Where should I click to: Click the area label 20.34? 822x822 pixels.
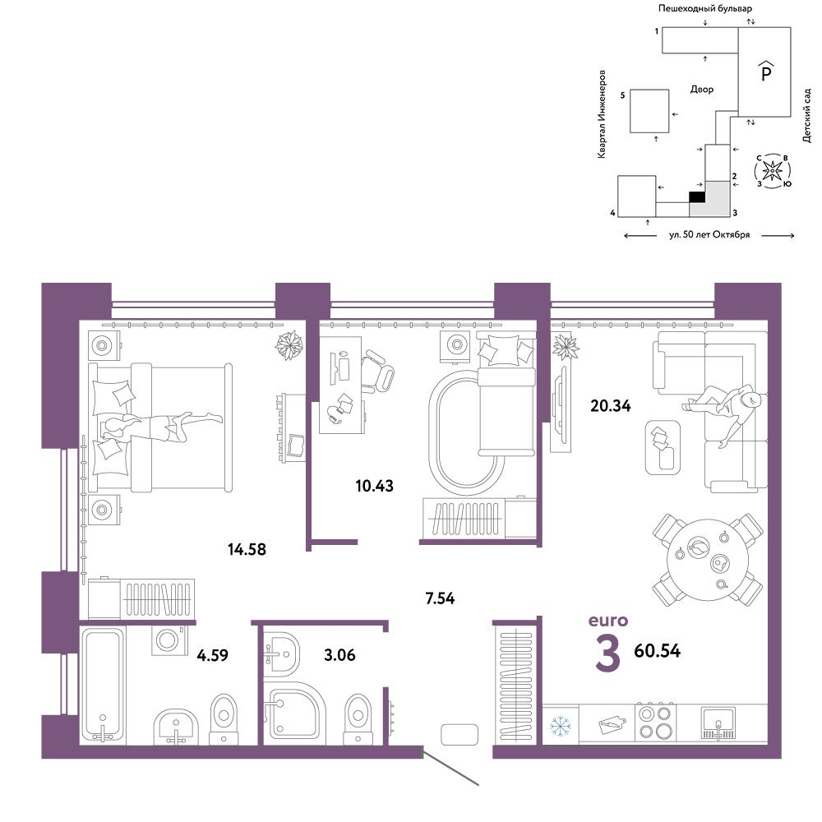point(610,404)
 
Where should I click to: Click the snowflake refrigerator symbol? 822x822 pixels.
point(560,726)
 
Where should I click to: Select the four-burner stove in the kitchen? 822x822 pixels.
point(655,723)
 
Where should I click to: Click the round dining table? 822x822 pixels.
point(707,558)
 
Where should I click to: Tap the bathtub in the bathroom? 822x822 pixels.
point(103,685)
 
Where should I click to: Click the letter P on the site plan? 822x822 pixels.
point(765,74)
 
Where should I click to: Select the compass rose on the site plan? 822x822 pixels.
point(773,171)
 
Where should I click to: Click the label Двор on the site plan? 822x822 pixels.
point(702,90)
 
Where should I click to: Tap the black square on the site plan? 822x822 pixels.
point(696,196)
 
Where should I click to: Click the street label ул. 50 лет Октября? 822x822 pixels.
point(709,235)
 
